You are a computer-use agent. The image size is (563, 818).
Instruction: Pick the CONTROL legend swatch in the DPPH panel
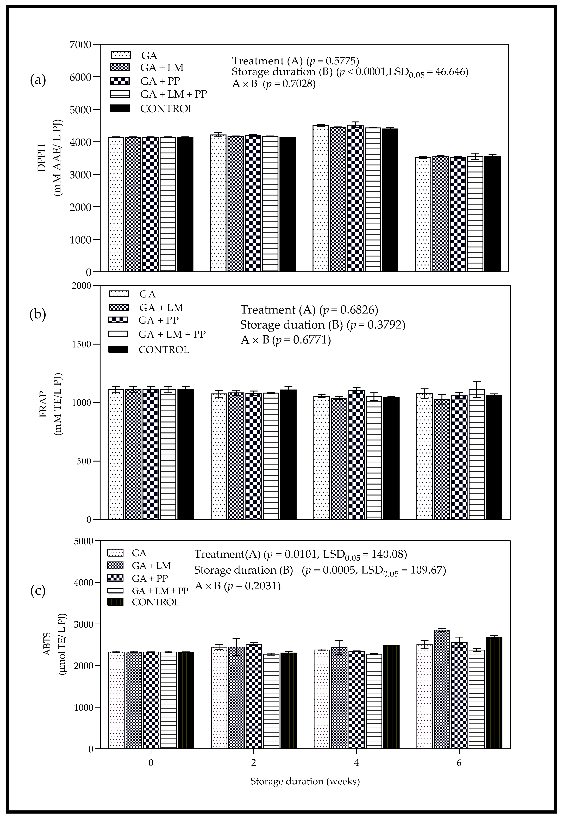pos(120,109)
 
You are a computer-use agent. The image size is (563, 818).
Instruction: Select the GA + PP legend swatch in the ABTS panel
pos(115,579)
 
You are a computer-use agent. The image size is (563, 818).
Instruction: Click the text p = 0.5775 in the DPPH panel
pos(333,61)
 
